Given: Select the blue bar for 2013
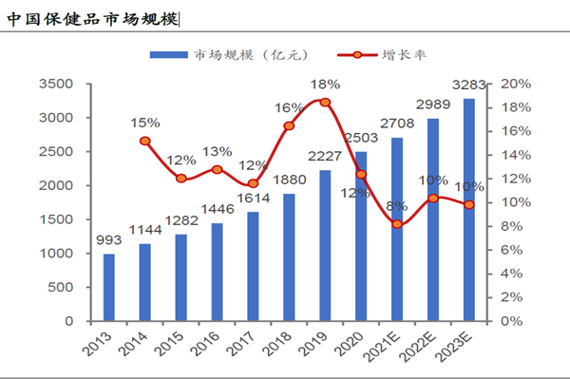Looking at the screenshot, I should pos(108,287).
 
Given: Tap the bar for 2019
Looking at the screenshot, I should pos(325,245).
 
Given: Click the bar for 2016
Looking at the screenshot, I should pos(217,272).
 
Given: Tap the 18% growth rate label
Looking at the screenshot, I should pos(326,85).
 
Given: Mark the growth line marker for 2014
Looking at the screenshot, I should pos(145,141).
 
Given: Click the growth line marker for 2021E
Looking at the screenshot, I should pos(397,224).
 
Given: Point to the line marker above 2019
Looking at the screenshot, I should pos(325,103).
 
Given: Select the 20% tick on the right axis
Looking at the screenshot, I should pos(515,84).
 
